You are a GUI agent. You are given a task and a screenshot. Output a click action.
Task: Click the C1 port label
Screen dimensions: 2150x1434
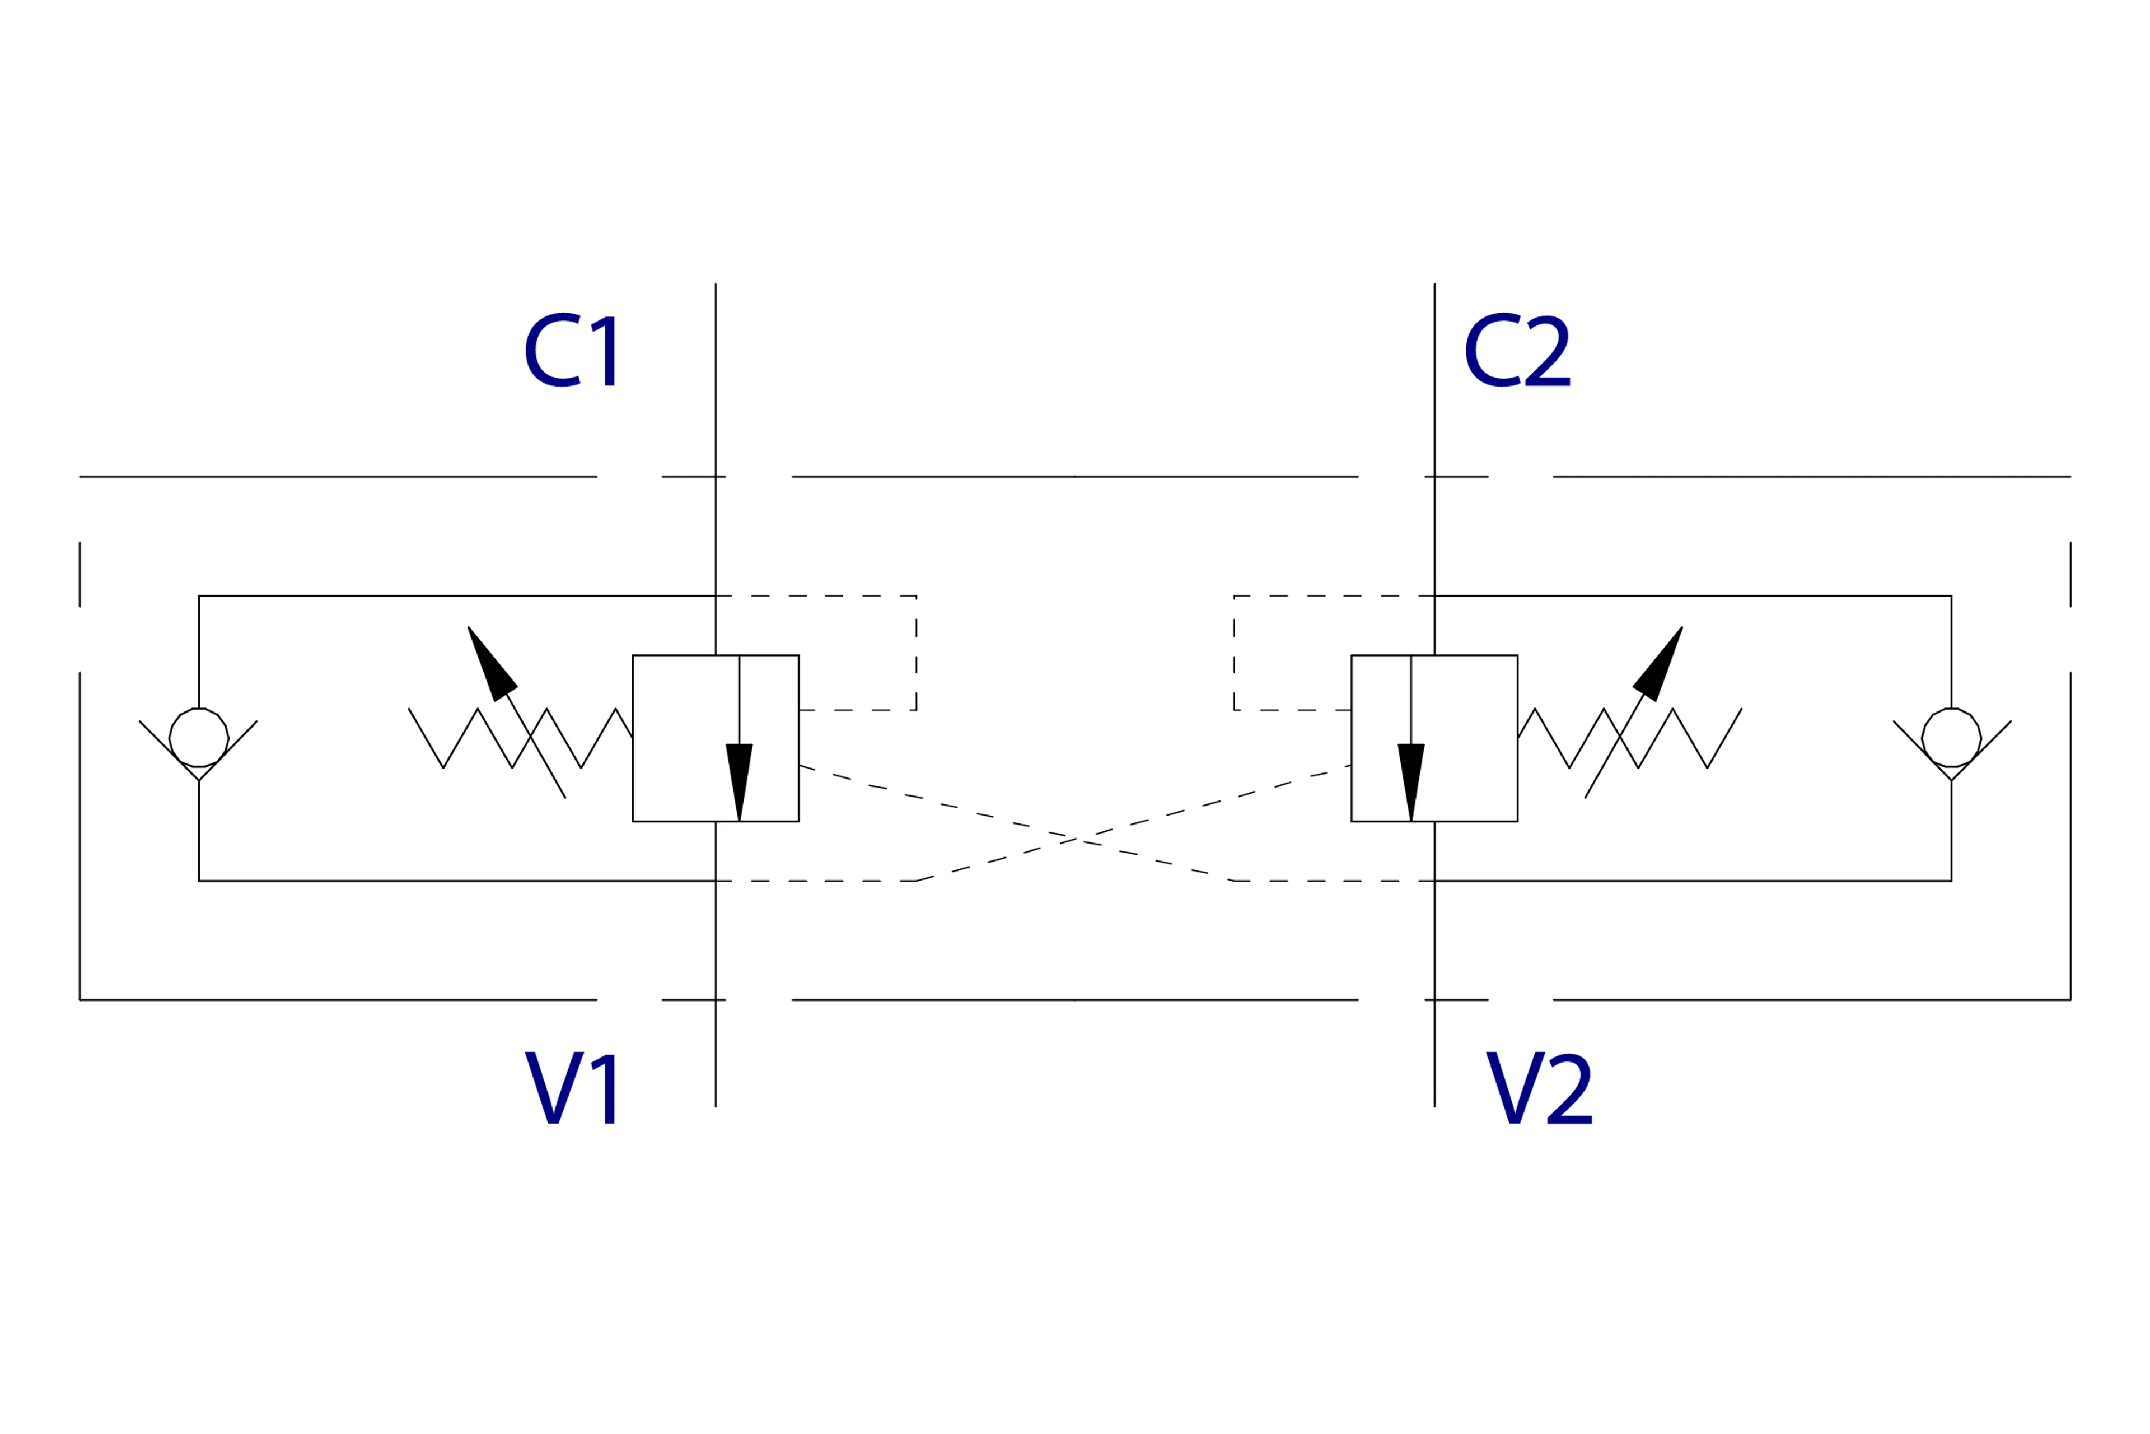click(x=571, y=350)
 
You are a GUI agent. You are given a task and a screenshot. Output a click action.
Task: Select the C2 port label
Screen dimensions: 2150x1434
click(x=1517, y=350)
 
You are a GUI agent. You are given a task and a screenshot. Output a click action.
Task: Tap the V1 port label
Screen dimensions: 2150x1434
click(x=571, y=1087)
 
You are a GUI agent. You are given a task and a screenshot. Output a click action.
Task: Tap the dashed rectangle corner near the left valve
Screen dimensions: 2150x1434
click(x=916, y=596)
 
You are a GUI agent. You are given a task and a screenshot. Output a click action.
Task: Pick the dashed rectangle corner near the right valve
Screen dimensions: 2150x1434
click(x=1234, y=596)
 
